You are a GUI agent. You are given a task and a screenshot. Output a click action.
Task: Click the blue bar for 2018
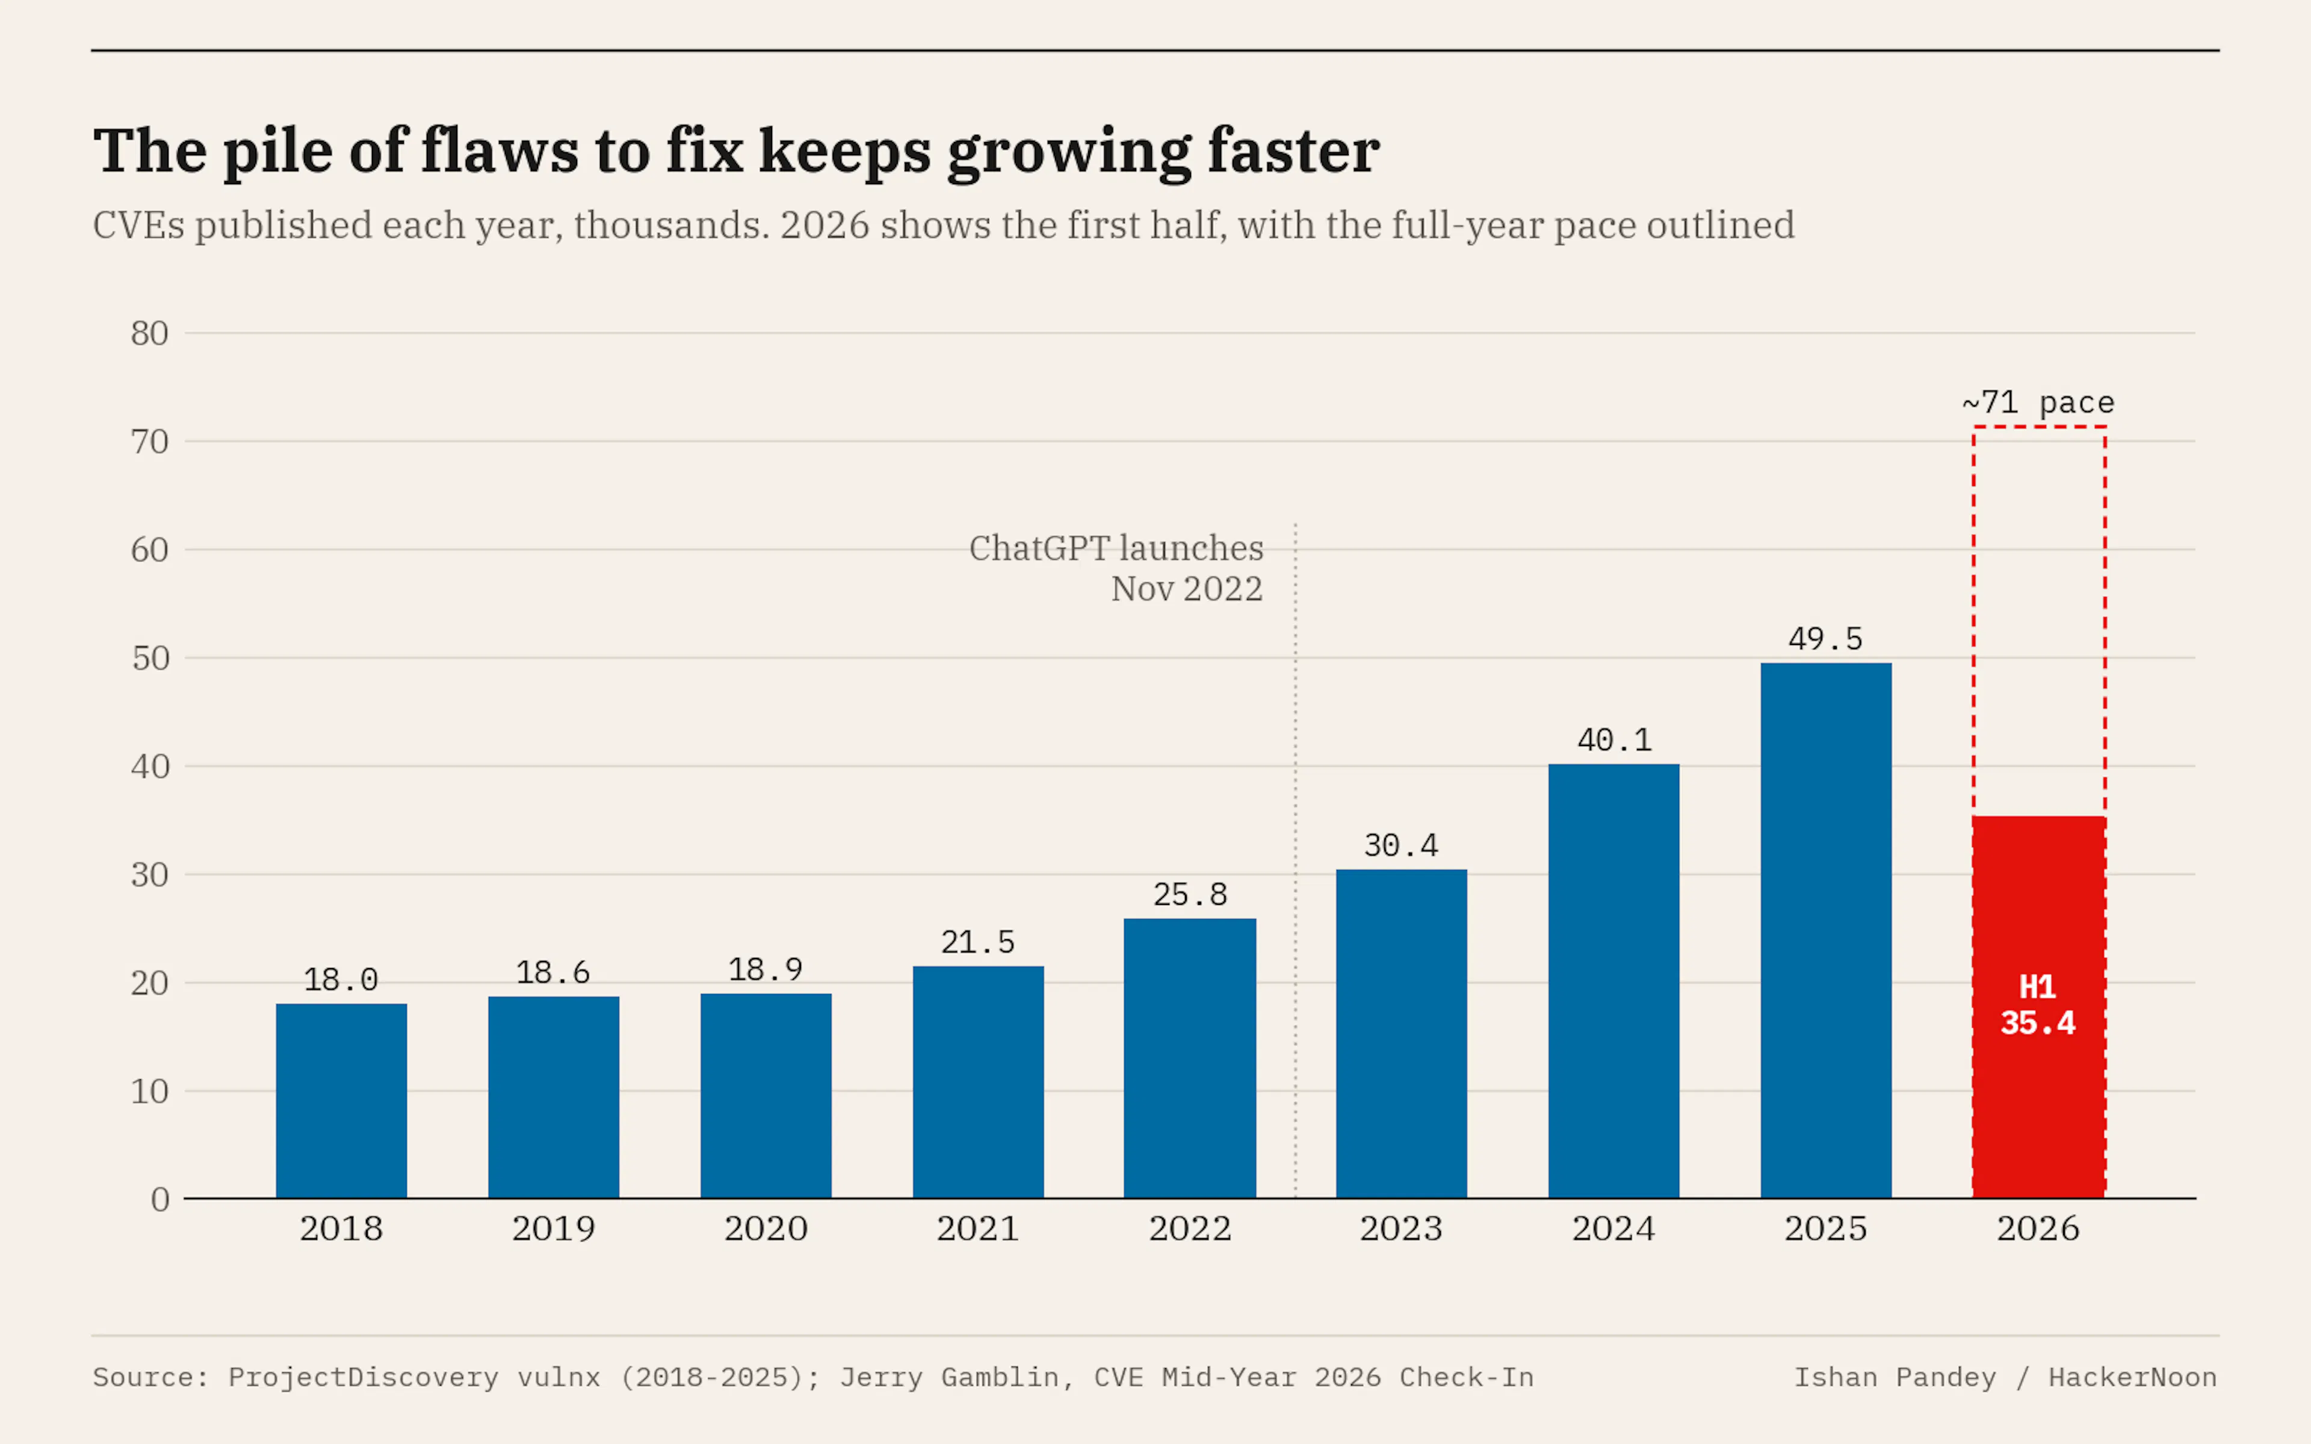(x=341, y=1100)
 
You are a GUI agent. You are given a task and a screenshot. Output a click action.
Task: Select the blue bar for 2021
(x=978, y=1082)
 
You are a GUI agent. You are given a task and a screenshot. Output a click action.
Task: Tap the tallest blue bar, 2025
(x=1826, y=930)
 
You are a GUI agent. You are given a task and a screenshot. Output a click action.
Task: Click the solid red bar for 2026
(x=2039, y=1007)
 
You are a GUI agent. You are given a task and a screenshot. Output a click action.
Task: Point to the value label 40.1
(x=1614, y=740)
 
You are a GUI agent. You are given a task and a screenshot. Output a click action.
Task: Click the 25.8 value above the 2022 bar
(x=1190, y=895)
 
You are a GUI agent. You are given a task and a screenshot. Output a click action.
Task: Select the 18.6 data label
(x=553, y=973)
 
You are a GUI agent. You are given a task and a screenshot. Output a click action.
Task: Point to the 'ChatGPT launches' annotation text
(x=1116, y=548)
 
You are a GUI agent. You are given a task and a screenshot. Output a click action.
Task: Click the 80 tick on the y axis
(x=150, y=333)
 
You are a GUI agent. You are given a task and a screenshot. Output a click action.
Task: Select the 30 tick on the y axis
(x=150, y=875)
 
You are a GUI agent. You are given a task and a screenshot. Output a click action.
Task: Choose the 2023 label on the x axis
(x=1401, y=1228)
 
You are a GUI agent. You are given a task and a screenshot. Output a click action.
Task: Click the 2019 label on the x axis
(x=553, y=1228)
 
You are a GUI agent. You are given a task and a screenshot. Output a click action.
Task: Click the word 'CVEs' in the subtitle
(x=138, y=226)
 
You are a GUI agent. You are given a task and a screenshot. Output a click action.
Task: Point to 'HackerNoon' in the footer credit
(x=2132, y=1377)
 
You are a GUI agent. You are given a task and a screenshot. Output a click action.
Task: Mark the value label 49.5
(x=1826, y=639)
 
